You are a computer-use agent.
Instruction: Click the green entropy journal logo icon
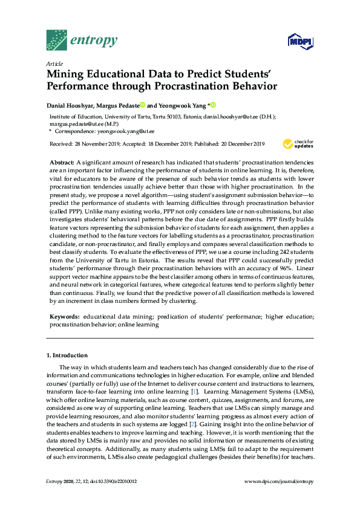(56, 41)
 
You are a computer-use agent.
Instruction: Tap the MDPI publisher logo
(298, 42)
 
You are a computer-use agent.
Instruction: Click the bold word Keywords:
(64, 316)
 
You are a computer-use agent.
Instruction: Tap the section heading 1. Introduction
(67, 355)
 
